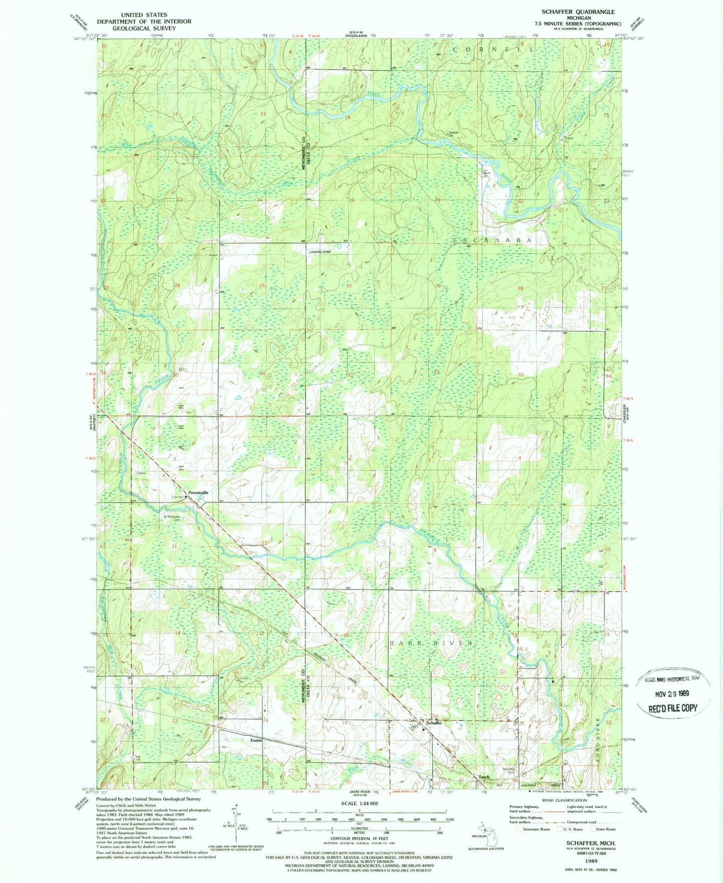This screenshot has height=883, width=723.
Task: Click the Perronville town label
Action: tap(198, 493)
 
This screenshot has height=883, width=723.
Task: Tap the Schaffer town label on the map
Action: tap(433, 723)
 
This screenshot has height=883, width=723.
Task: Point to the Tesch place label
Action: tap(484, 777)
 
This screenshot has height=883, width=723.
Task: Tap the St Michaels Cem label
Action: tap(171, 518)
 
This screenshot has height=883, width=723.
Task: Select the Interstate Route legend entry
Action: tap(535, 829)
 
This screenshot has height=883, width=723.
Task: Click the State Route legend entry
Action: tap(603, 829)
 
